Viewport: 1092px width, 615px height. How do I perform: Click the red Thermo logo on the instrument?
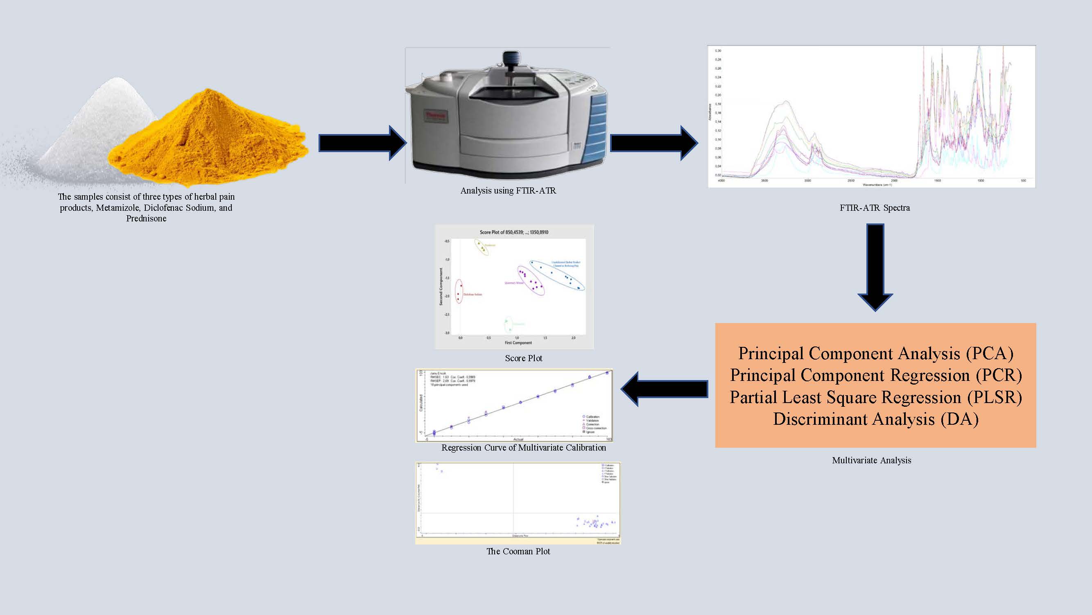[436, 116]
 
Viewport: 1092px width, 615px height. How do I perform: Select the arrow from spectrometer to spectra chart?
[653, 143]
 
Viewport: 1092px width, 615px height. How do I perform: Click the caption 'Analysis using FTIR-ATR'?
[508, 191]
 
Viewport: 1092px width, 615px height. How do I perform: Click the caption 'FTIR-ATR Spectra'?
[874, 208]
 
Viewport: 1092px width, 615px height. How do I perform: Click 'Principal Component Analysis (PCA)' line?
[875, 353]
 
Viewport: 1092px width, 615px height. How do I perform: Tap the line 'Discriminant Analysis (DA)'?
[875, 419]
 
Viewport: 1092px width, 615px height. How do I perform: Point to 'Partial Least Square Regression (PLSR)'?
[875, 397]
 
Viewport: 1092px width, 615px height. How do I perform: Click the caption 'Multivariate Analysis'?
[871, 460]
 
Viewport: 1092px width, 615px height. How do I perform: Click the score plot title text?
[514, 232]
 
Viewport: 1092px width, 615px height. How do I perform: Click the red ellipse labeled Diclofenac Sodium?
[459, 291]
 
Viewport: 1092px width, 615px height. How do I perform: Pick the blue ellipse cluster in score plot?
[556, 275]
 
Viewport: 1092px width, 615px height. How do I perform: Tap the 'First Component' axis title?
[518, 342]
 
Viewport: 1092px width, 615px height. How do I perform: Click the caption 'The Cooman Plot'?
[518, 551]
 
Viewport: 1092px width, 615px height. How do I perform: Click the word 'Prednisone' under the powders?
[146, 219]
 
